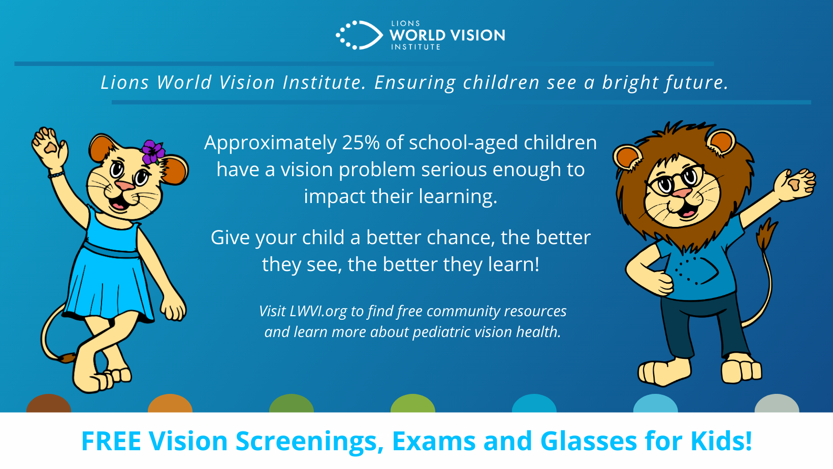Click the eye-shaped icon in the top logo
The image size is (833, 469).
359,35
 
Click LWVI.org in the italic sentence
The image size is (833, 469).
318,312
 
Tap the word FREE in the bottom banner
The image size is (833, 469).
111,441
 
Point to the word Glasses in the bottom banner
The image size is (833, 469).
588,441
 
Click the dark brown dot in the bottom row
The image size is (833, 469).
49,404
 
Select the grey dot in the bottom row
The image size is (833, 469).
777,404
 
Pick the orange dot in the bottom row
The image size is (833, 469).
170,404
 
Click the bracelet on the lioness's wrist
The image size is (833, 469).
56,174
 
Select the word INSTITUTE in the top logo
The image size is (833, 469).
415,47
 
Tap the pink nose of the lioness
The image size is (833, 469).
124,185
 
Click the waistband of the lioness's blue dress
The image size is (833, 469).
111,251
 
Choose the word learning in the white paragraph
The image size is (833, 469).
458,197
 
